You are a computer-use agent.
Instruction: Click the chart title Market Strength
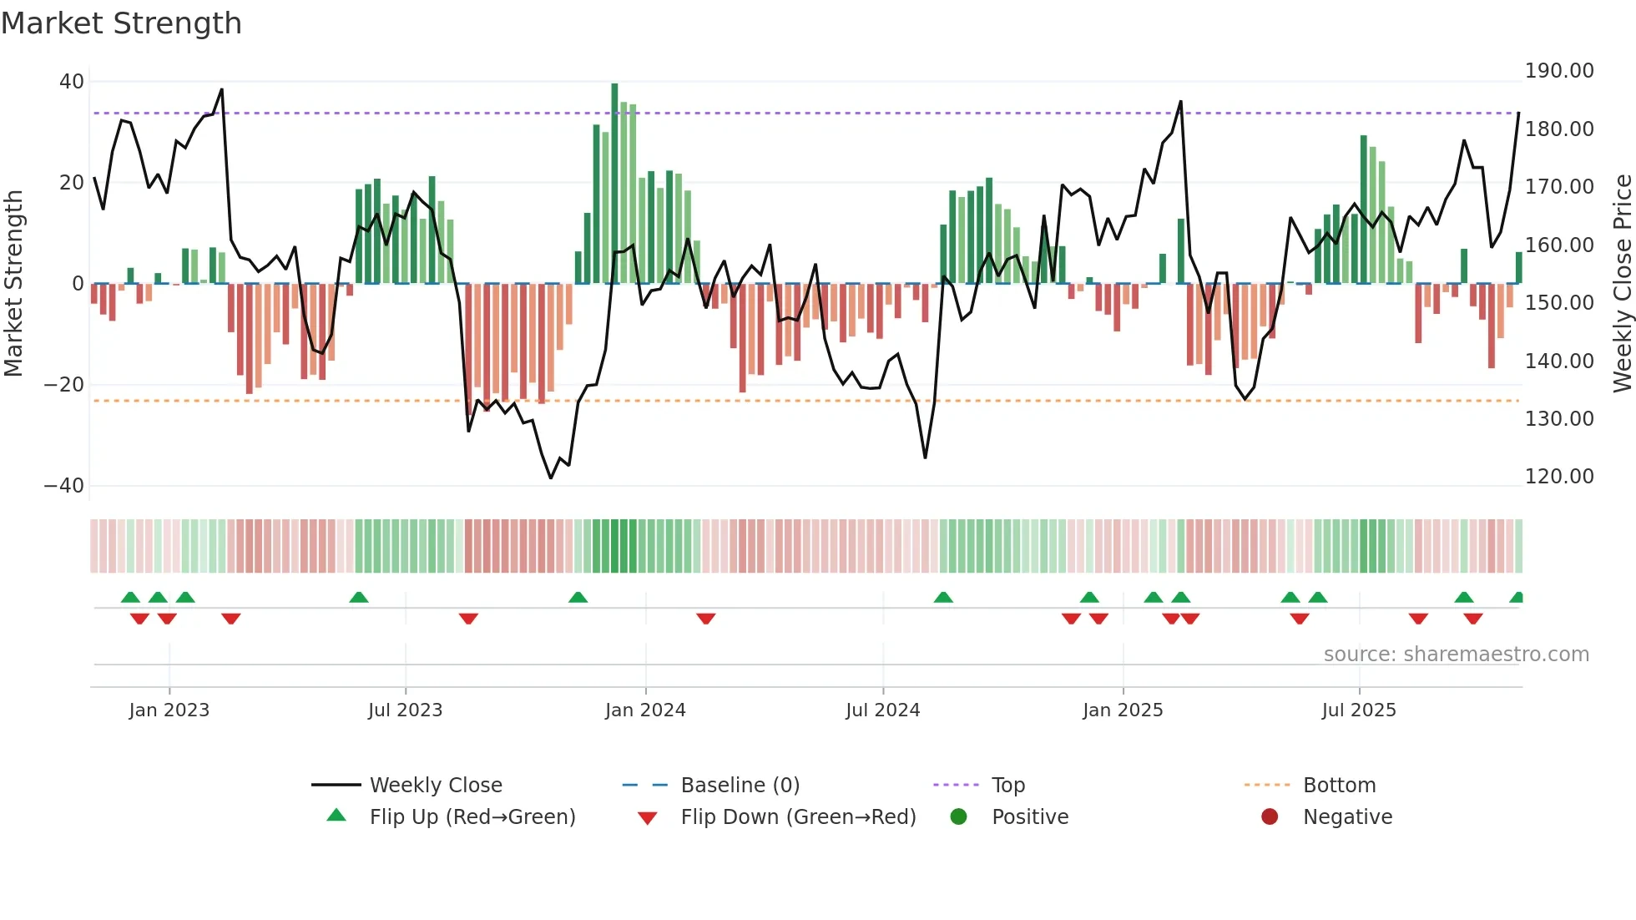pos(121,23)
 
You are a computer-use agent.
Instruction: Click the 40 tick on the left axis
pos(72,82)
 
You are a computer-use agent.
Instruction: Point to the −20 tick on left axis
pos(64,385)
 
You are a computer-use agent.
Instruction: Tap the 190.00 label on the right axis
pos(1559,71)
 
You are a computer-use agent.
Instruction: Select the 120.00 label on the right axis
pos(1559,477)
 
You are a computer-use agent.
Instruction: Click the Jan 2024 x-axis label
pos(645,710)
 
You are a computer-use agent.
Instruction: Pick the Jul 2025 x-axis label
pos(1359,710)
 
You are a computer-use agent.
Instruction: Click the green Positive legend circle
pos(959,817)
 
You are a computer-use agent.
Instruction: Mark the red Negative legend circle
pos(1270,817)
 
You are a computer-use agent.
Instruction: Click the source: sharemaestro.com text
pos(1456,655)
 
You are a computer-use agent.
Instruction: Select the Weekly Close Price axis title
pos(1622,284)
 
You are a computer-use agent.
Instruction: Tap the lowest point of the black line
pos(551,478)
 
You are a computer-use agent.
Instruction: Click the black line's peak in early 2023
pos(221,89)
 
